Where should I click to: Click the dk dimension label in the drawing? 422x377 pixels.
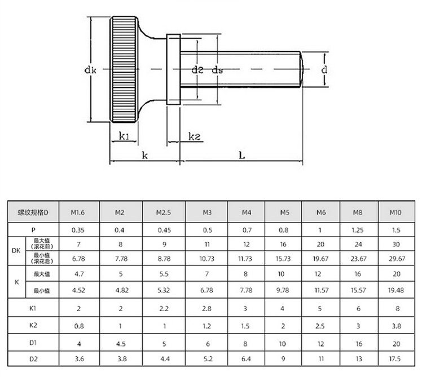[90, 70]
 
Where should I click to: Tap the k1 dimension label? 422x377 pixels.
[124, 136]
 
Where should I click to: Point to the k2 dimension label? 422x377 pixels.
[194, 136]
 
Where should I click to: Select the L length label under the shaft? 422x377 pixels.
[242, 155]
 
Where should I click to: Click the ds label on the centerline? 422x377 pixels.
[217, 70]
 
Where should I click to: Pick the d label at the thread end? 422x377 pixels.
[324, 70]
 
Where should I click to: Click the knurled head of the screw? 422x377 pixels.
[124, 69]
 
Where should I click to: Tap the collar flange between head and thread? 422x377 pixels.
[173, 69]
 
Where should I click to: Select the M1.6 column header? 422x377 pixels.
[77, 212]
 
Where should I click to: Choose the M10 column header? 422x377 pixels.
[395, 212]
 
